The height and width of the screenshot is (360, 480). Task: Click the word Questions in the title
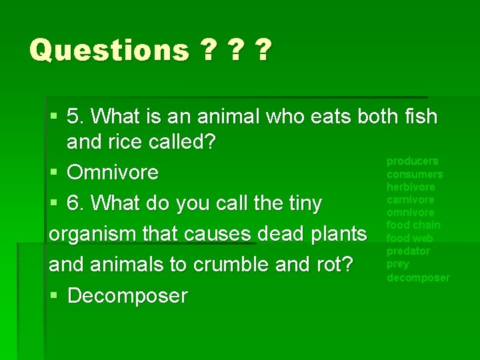point(109,50)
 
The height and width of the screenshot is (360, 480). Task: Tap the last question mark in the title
point(263,50)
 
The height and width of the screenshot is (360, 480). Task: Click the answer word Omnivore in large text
point(113,173)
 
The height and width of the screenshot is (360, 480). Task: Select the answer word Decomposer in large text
point(127,295)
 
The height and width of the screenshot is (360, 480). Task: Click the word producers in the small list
point(413,161)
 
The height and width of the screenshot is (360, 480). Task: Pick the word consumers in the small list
point(415,174)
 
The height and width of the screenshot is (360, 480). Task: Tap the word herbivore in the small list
point(411,187)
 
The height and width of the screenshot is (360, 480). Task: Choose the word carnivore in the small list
point(411,199)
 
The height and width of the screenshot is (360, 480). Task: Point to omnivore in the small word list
point(411,212)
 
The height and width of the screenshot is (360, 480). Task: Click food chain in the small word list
point(413,225)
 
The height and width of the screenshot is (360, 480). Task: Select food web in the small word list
point(410,238)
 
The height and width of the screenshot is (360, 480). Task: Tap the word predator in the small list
point(409,251)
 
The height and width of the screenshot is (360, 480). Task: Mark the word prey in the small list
point(398,264)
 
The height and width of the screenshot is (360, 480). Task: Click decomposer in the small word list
point(418,277)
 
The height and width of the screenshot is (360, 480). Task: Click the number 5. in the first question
point(76,117)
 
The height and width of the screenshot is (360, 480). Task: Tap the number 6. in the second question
point(76,203)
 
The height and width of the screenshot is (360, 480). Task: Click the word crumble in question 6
point(231,265)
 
